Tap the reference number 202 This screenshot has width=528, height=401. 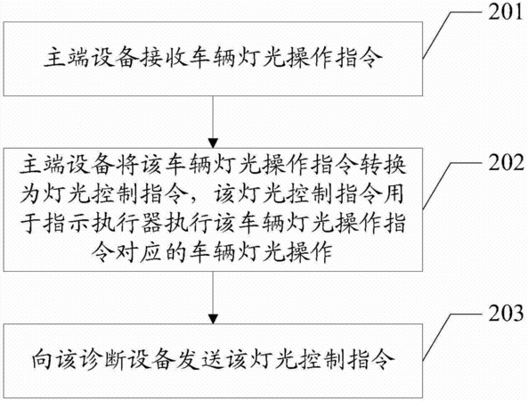coord(506,162)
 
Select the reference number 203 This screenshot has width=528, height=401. coord(506,313)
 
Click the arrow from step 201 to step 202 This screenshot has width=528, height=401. coord(213,122)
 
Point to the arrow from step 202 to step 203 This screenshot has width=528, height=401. coord(213,298)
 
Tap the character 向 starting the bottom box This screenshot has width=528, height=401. coord(43,360)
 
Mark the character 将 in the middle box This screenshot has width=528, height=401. coord(126,165)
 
